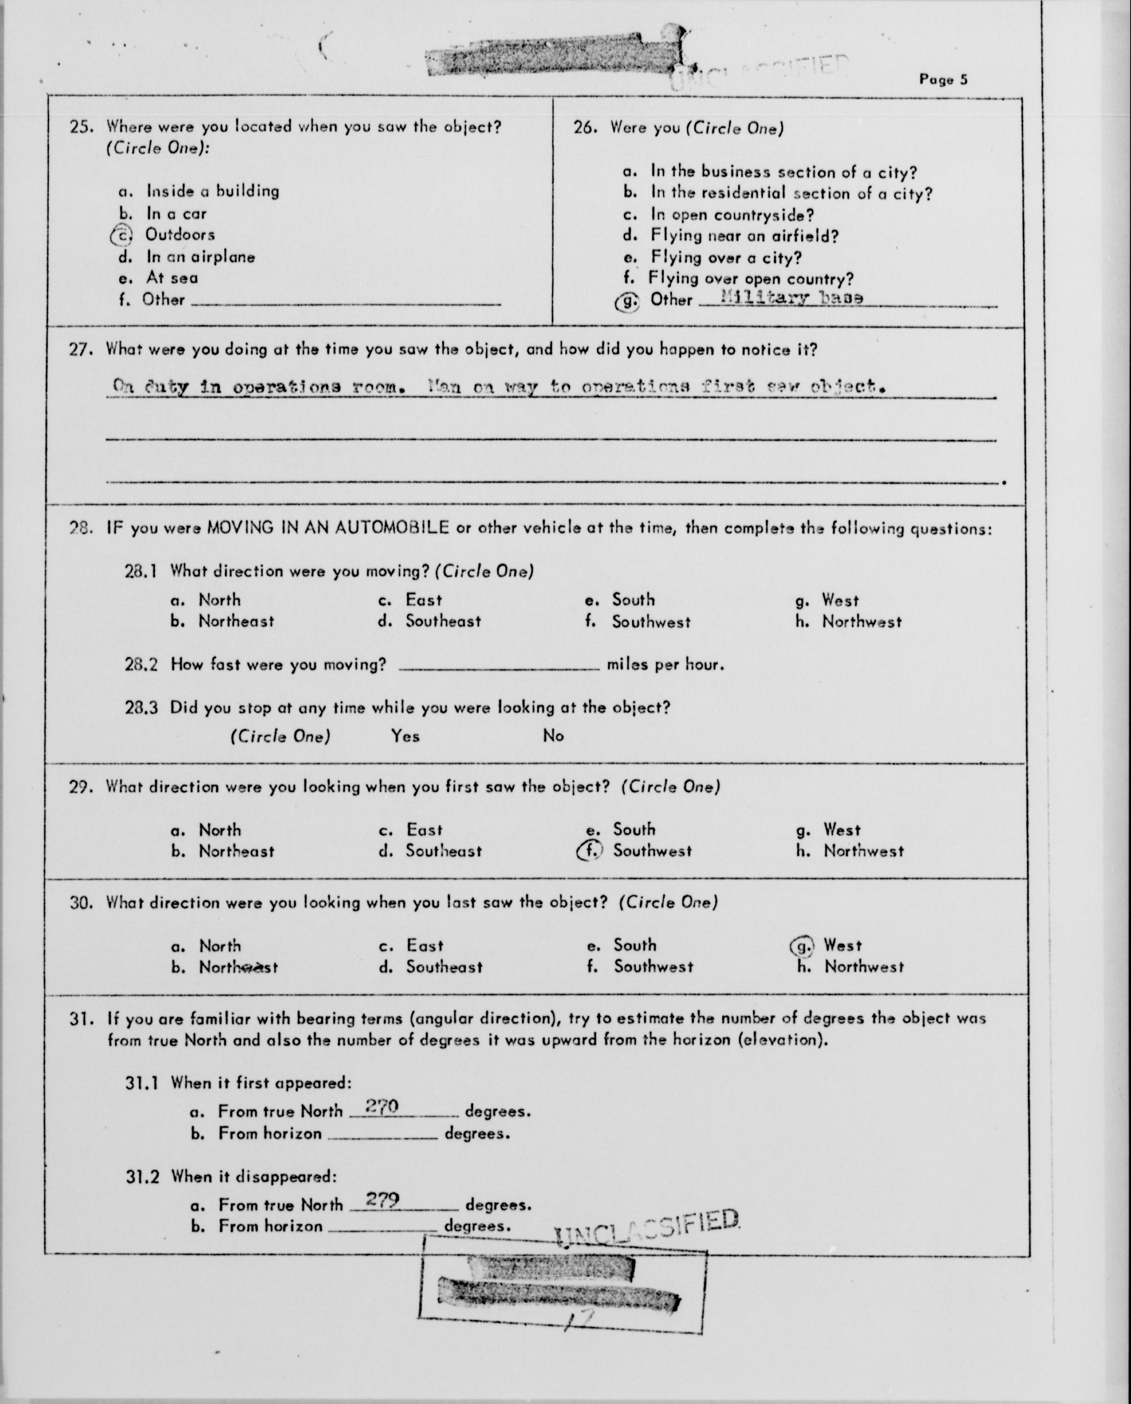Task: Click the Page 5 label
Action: coord(943,79)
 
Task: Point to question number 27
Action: coord(82,350)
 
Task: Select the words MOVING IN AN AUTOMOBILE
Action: coord(327,527)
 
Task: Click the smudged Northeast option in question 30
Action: coord(238,968)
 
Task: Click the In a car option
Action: coord(176,214)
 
